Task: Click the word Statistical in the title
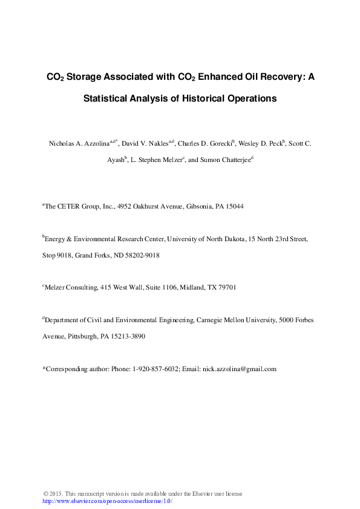coord(105,99)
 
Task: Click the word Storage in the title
coord(82,77)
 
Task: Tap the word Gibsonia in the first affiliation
coord(199,207)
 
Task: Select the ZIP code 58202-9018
coord(143,255)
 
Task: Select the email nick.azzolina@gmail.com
coord(239,369)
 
